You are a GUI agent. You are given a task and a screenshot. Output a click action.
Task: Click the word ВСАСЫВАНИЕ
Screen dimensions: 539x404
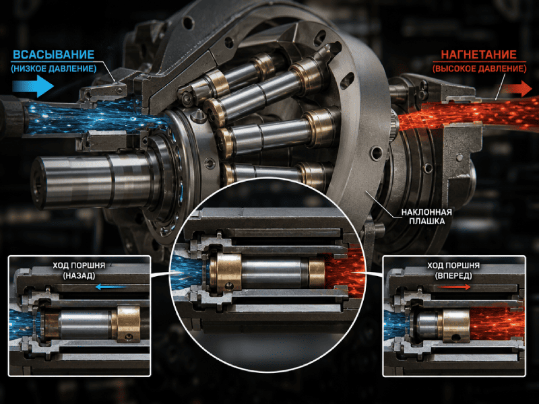point(53,55)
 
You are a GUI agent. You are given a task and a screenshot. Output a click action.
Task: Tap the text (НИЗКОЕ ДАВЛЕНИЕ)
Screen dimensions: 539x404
point(54,69)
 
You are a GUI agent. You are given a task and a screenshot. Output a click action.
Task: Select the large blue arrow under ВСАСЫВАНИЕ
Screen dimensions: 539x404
point(33,86)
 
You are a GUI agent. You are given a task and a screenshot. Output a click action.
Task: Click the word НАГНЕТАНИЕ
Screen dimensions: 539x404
point(478,55)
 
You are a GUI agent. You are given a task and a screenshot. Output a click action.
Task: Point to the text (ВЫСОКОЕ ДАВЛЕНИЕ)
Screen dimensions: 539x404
point(479,69)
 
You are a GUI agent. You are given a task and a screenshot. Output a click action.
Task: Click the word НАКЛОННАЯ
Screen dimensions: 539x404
point(426,212)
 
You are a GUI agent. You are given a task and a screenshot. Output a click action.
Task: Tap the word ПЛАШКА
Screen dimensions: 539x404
point(426,222)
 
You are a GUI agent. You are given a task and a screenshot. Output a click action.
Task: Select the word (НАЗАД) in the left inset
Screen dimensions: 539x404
point(79,275)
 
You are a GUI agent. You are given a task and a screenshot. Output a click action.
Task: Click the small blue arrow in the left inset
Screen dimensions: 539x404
point(110,287)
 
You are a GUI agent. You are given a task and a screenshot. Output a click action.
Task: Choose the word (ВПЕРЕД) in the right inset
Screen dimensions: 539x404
point(453,275)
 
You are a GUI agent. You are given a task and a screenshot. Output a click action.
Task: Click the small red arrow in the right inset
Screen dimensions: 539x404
point(455,287)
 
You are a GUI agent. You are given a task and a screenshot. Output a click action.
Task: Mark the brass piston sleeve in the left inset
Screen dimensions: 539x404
point(128,324)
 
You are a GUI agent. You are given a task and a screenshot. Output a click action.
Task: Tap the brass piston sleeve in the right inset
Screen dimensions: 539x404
point(456,326)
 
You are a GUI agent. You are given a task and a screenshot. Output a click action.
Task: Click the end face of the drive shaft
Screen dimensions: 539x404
point(37,182)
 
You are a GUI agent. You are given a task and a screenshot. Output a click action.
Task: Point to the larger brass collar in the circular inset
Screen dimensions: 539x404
point(226,271)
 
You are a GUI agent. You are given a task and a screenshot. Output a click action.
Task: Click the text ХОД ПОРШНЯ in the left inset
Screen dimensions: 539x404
point(79,265)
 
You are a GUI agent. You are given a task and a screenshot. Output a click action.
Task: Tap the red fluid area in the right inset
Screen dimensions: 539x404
point(497,325)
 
